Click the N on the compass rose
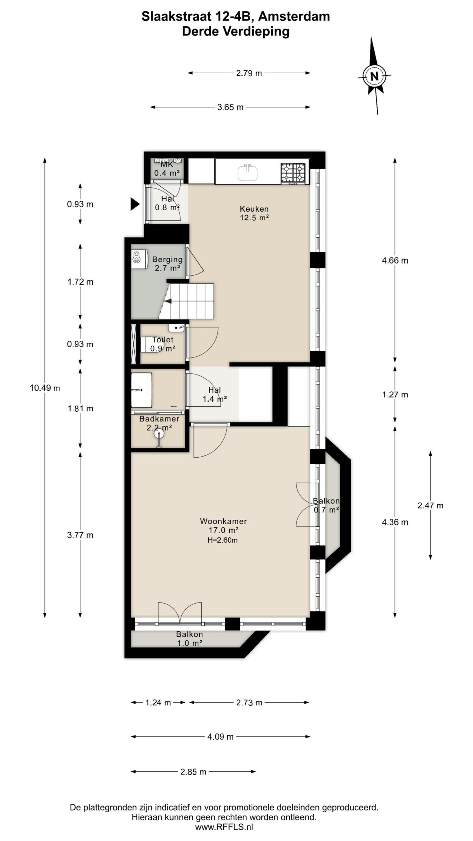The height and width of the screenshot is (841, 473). click(374, 76)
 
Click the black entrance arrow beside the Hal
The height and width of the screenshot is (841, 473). click(135, 204)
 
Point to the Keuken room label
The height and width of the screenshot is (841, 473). click(254, 209)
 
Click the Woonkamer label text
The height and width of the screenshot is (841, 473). click(223, 521)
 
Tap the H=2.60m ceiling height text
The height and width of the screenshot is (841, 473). click(222, 540)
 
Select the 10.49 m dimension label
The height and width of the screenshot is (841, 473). click(45, 388)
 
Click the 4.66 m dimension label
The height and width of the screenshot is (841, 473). click(395, 261)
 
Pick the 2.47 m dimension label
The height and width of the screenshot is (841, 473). click(430, 506)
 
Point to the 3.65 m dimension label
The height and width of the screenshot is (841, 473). click(230, 107)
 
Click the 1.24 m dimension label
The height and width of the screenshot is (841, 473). click(158, 703)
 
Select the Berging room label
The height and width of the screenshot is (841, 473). click(167, 260)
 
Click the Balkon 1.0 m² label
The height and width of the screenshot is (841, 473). click(189, 639)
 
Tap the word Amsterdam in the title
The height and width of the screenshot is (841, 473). click(294, 16)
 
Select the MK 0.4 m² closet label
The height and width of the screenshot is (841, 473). click(167, 169)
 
